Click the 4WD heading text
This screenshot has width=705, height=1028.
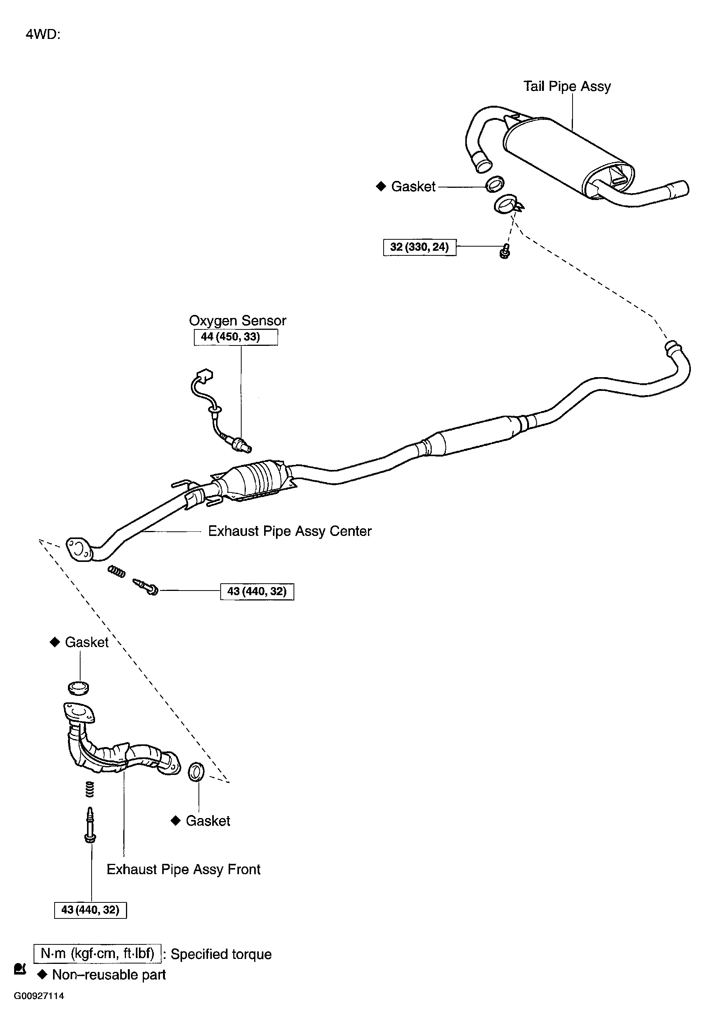click(x=43, y=34)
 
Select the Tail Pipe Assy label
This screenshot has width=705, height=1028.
click(x=566, y=86)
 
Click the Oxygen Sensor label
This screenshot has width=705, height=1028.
click(x=237, y=320)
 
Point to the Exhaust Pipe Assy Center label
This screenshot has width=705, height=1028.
click(x=290, y=531)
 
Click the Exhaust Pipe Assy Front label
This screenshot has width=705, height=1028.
click(x=183, y=869)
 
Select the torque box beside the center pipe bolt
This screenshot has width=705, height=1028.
click(x=257, y=591)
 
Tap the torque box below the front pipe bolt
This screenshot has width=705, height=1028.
click(x=90, y=910)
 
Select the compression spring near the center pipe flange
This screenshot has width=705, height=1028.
click(x=116, y=571)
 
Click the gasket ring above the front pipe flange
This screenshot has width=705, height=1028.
click(x=78, y=688)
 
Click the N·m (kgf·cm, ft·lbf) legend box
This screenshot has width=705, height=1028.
click(x=97, y=954)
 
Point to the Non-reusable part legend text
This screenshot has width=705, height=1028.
click(x=108, y=975)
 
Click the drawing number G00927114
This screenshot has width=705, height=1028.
click(x=39, y=996)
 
